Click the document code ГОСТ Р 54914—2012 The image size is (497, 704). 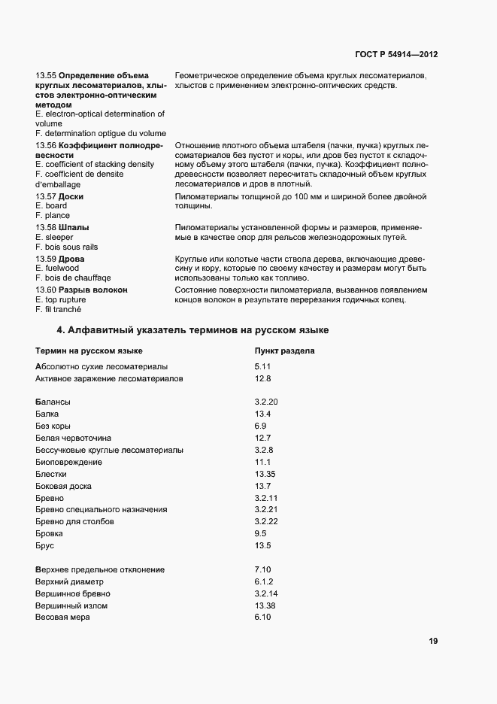tap(396, 55)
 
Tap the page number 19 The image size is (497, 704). tap(433, 641)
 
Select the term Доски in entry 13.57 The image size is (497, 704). tap(71, 196)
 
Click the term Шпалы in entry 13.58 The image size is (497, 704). tap(73, 227)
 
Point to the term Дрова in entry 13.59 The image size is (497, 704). tap(72, 259)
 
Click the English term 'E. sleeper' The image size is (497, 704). tap(54, 237)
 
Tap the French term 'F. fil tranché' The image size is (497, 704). tap(58, 309)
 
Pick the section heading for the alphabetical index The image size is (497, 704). tap(192, 330)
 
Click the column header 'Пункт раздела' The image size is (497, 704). tap(284, 350)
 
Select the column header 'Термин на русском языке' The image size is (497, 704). tap(89, 350)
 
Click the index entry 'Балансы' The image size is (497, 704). tap(53, 402)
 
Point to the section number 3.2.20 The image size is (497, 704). tap(266, 402)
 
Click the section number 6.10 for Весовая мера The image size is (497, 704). tap(262, 618)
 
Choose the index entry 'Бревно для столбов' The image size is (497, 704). tap(74, 521)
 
